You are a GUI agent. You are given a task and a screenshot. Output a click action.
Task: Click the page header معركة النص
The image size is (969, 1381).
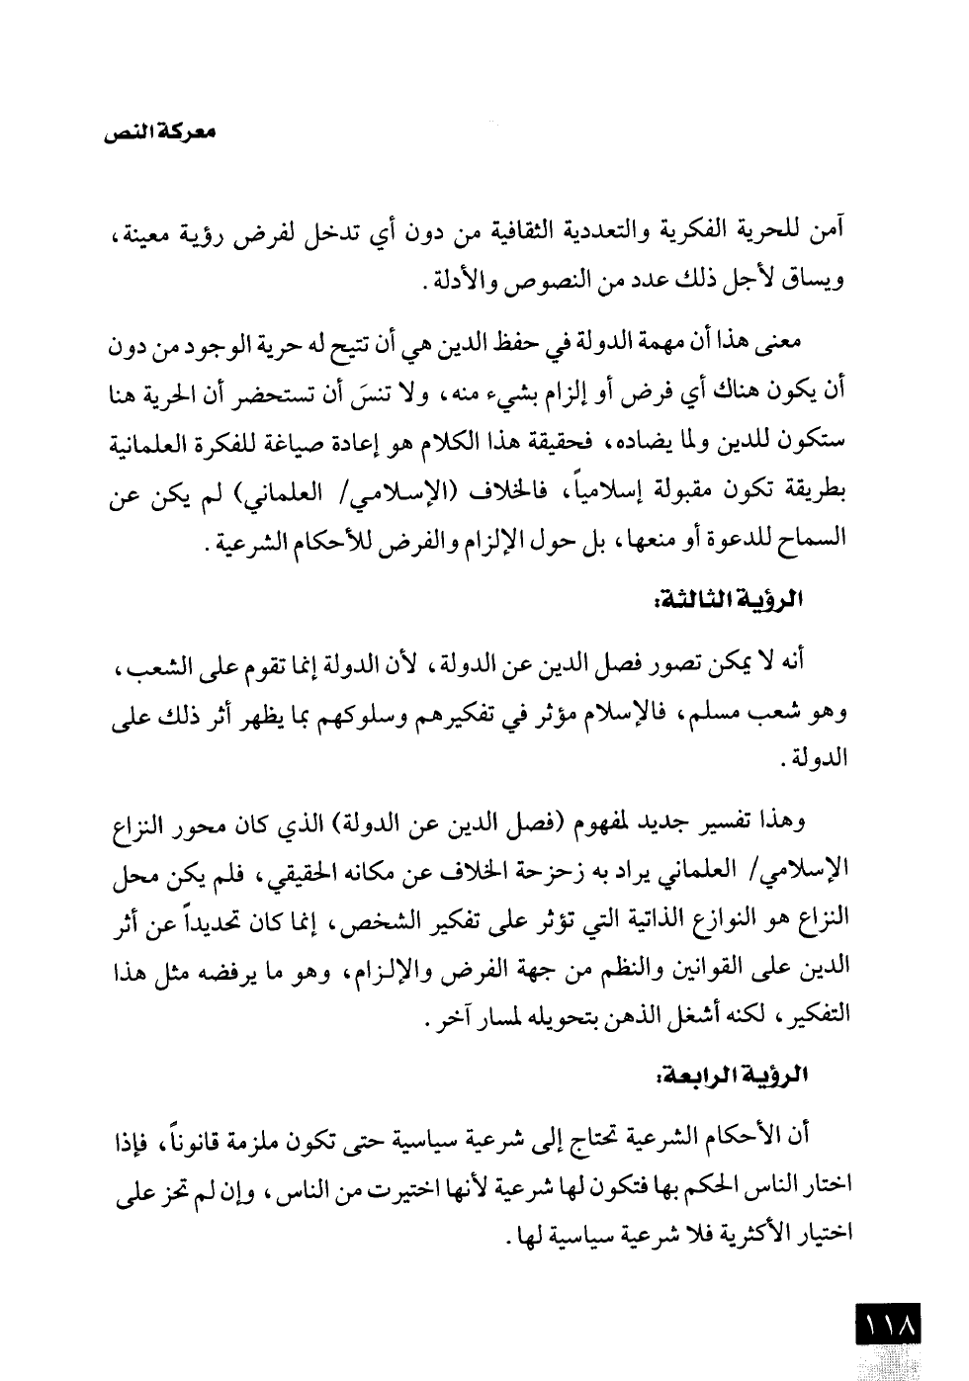click(x=159, y=130)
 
